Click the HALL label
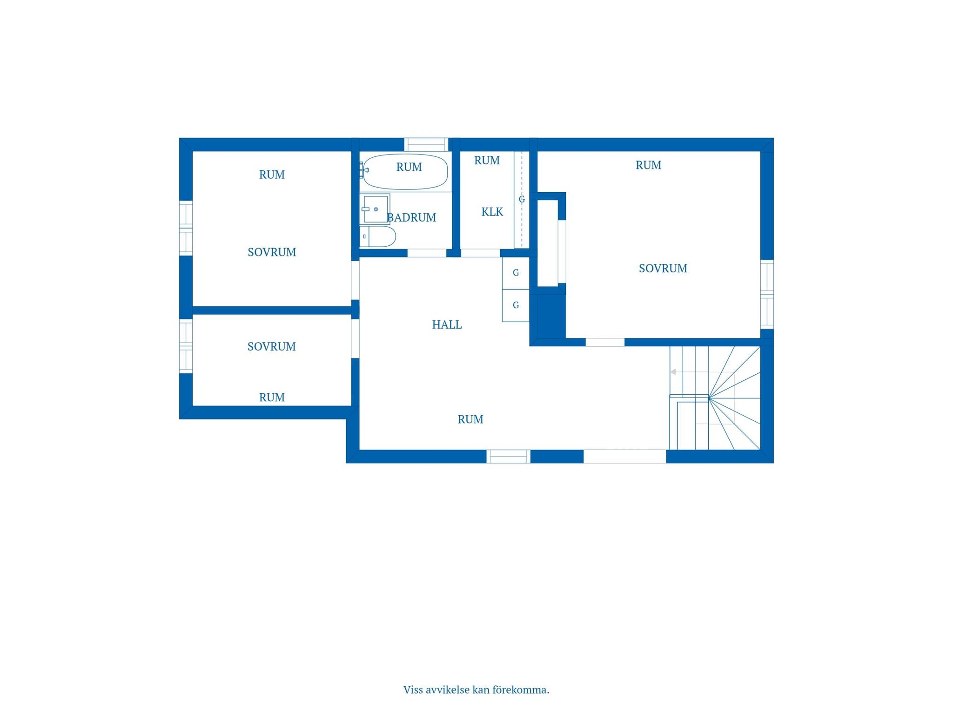point(447,324)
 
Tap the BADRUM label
point(412,217)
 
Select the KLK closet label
point(492,212)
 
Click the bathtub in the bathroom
point(405,172)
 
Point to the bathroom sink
point(375,209)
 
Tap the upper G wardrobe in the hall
point(516,273)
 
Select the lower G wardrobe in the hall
point(516,305)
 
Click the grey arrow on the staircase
point(673,372)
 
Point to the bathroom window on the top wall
point(426,144)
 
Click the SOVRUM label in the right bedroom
point(663,268)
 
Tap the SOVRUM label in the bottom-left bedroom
point(271,346)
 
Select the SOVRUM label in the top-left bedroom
point(272,252)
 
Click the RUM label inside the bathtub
point(409,167)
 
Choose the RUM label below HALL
point(470,419)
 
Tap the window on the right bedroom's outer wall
point(767,294)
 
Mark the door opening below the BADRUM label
point(427,253)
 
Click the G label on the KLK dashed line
point(522,199)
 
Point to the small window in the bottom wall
point(508,456)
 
